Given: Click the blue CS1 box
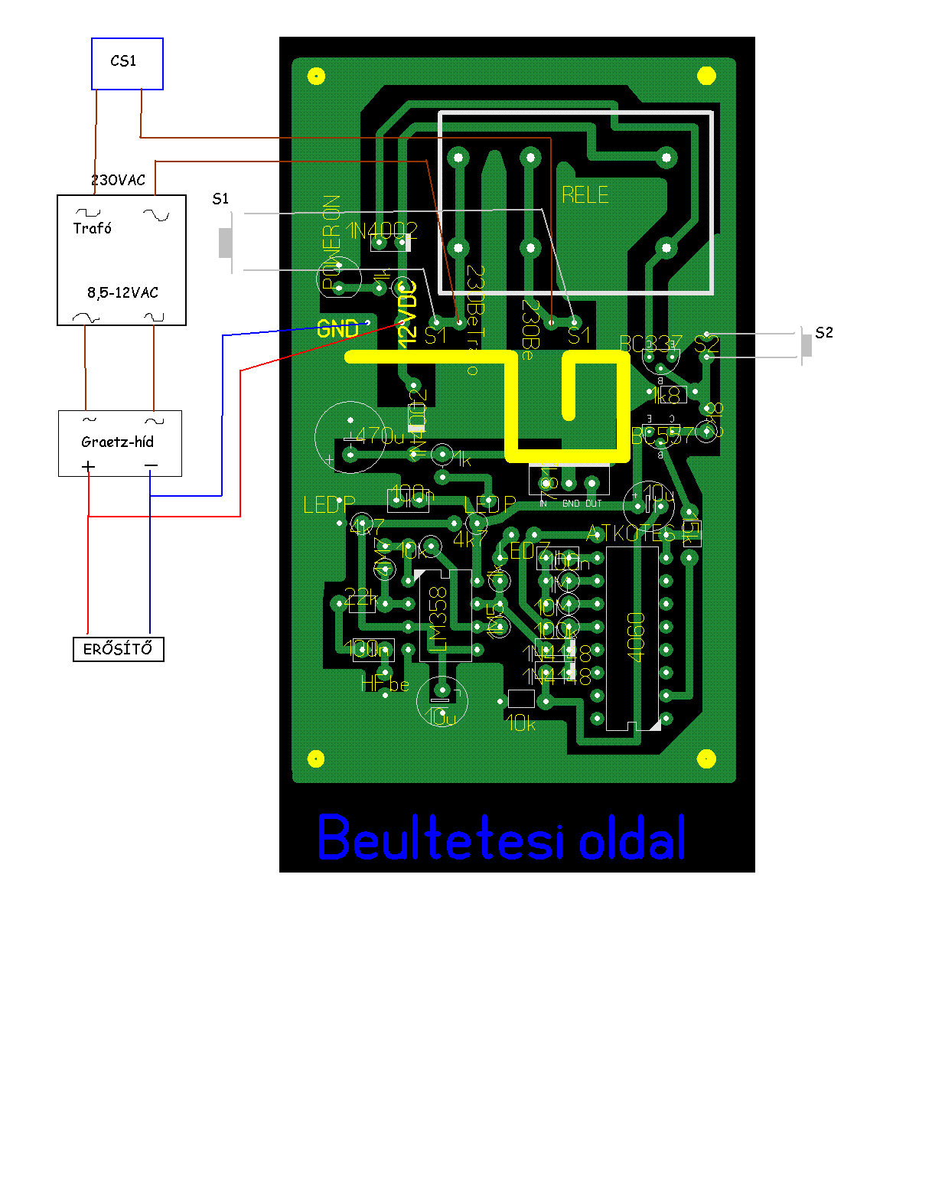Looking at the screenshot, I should coord(127,64).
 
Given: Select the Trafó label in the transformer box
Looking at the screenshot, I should coord(93,228).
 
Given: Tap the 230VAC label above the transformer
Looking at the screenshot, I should coord(118,180).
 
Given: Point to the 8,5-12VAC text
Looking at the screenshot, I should coord(122,292).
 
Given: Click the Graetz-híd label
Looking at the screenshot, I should coord(117,442).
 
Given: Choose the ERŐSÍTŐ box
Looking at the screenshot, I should coord(118,649).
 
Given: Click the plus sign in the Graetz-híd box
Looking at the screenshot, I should coord(89,466).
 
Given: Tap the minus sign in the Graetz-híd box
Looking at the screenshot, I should coord(151,466).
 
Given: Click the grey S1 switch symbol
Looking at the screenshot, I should coord(226,243).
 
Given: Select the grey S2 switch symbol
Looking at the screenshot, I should coord(807,345).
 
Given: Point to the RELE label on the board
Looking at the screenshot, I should coord(585,195).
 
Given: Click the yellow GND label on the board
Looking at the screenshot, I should coord(337,329).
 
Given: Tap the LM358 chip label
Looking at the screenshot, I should coord(437,618).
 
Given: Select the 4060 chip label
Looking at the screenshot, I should coord(636,637).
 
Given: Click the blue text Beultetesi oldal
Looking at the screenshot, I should coord(501,838).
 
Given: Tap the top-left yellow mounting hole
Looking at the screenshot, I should coord(316,76).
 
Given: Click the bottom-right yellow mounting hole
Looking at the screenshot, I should coord(706,758).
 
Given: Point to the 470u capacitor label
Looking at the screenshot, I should coord(380,436).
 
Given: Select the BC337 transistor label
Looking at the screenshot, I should coord(650,344).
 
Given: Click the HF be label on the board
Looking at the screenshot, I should coord(385,683).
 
